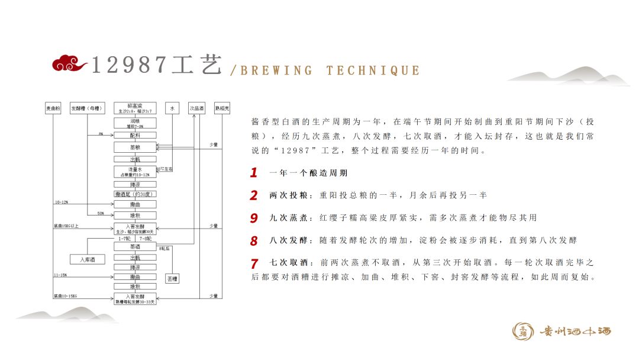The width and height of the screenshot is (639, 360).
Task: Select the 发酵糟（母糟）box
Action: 87,108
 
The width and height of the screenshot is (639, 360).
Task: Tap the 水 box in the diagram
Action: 172,108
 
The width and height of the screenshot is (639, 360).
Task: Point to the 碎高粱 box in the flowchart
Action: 135,108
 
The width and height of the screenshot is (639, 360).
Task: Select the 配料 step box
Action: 135,135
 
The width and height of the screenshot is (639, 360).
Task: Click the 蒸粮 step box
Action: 135,147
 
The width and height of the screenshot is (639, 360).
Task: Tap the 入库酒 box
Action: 86,259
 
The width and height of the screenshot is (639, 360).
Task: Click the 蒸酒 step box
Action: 135,246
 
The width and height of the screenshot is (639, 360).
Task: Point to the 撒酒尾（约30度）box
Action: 135,194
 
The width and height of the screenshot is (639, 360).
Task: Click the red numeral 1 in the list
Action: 254,173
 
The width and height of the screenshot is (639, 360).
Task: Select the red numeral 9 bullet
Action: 254,218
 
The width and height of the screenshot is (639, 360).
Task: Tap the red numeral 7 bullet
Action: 254,263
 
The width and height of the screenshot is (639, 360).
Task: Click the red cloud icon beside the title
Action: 69,63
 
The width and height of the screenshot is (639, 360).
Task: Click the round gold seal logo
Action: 523,332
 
